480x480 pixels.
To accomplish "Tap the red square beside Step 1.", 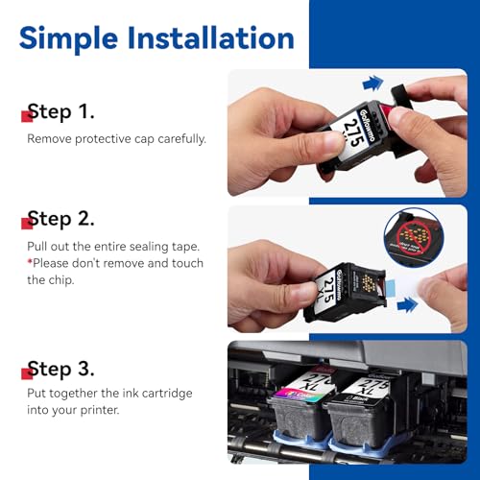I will click(x=27, y=117).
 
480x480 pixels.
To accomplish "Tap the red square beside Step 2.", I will click(x=27, y=224).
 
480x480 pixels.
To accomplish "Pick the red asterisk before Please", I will click(x=30, y=262).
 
